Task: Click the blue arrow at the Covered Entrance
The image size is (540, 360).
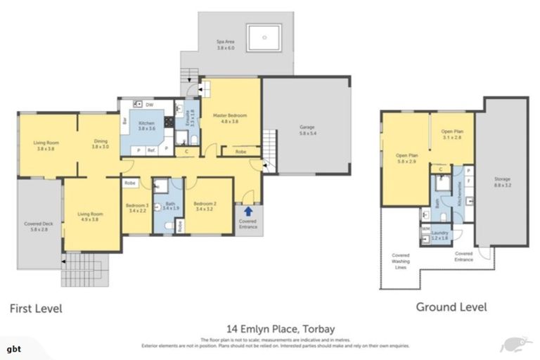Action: [247, 208]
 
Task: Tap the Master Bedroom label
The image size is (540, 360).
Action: [230, 117]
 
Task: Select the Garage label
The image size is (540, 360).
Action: [307, 130]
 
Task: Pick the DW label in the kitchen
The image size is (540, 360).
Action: [150, 104]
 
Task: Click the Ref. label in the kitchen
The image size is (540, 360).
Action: [150, 150]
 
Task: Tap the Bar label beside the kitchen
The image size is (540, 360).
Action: [125, 121]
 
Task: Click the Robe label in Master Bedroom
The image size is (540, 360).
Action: [240, 150]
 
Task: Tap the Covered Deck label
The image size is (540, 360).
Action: [34, 226]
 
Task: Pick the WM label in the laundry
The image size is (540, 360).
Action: [425, 229]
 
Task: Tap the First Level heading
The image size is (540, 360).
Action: [35, 308]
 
